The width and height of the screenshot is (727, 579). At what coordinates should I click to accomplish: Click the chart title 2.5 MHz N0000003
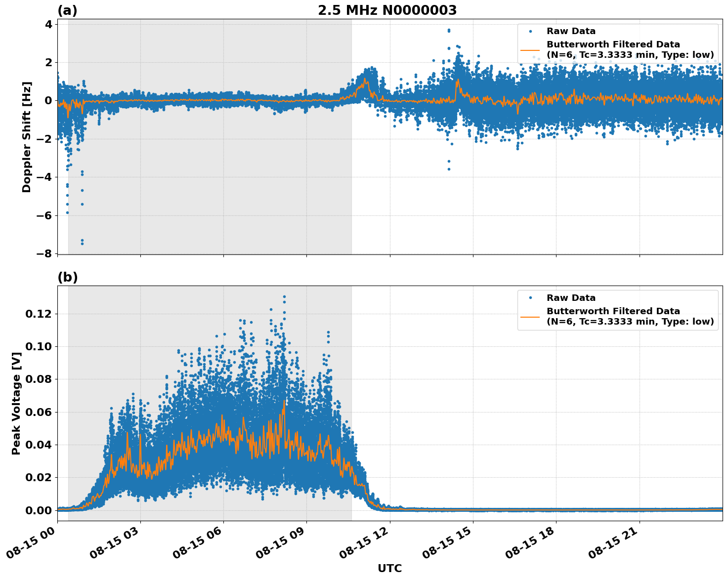pos(387,10)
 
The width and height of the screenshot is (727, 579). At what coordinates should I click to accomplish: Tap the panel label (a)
pos(67,10)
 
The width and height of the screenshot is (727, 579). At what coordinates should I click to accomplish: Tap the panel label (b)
pos(67,277)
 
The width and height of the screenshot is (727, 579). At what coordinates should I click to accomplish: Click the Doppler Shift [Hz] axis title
pos(27,137)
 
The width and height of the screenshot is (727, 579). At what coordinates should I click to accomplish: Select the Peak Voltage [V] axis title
pos(16,403)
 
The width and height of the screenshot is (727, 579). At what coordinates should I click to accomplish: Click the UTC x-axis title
pos(389,568)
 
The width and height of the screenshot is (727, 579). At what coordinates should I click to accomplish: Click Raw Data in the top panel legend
pos(571,31)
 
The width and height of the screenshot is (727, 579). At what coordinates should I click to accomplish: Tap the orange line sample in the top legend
pos(530,49)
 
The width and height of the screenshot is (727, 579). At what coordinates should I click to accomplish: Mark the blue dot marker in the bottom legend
pos(530,298)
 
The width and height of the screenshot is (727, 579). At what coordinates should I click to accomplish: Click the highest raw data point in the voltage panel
pos(284,296)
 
